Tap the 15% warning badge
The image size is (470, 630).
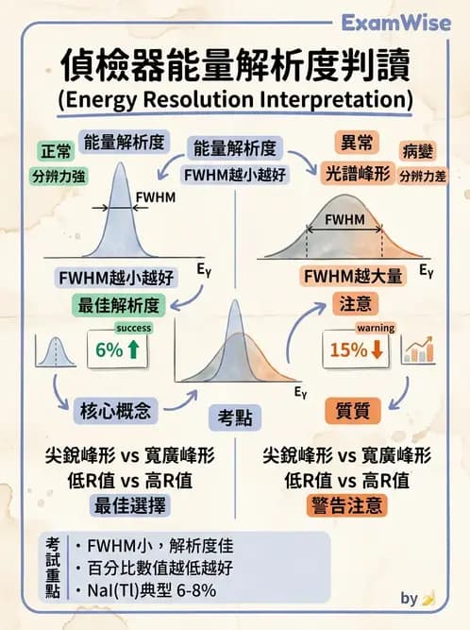click(356, 349)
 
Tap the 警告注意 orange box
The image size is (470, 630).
click(349, 505)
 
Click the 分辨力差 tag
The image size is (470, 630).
click(423, 175)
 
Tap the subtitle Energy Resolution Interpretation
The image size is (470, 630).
click(234, 99)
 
